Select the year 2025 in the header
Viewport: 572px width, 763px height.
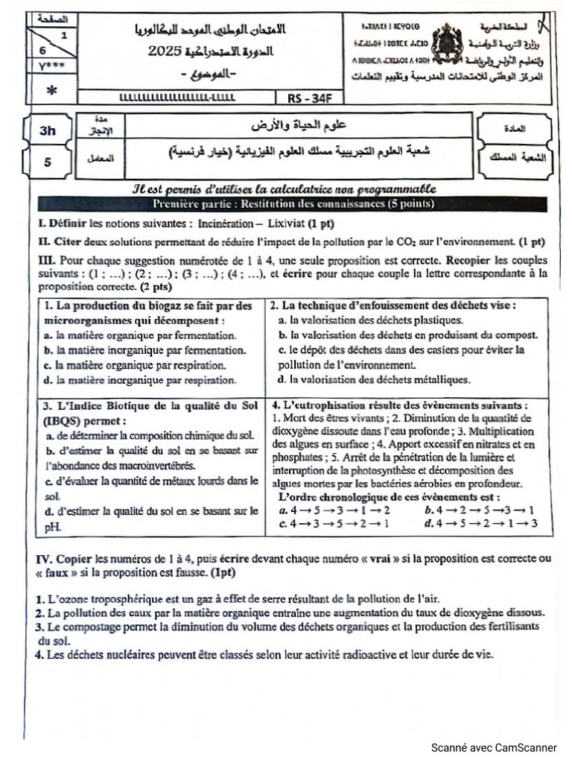[x=166, y=51]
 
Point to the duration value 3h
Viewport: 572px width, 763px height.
[x=48, y=130]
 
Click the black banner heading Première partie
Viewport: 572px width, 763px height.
[x=293, y=204]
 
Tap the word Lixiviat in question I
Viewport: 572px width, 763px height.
[x=284, y=224]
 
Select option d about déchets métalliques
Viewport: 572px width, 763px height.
[x=374, y=379]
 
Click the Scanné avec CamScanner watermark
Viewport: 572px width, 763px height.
[x=494, y=747]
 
